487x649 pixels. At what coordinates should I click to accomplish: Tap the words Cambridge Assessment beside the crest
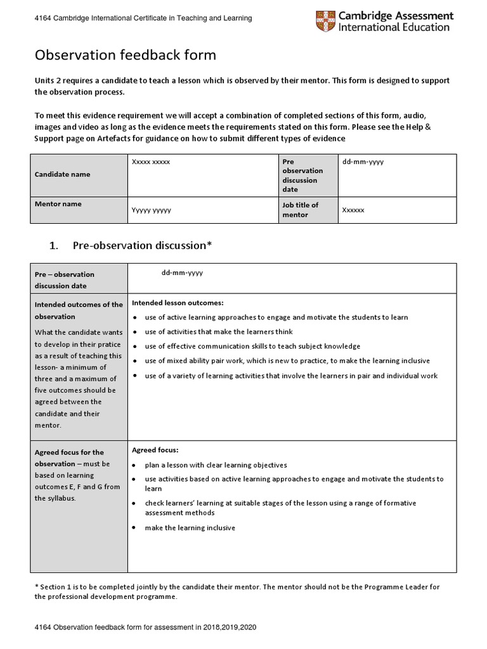396,16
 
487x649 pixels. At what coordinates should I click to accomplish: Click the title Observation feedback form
125,55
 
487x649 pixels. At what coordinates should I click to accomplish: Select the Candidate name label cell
62,174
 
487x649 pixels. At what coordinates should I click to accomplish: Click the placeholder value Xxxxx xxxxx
150,162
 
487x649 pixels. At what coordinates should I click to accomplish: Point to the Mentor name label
58,204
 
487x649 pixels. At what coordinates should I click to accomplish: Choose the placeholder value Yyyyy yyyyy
150,210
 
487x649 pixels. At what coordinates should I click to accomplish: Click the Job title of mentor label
300,210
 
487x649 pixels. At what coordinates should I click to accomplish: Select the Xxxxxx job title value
353,210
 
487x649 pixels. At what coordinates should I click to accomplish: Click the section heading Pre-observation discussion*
141,245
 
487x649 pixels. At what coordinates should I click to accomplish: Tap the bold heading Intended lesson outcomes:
178,302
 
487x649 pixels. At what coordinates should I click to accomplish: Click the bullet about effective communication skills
252,346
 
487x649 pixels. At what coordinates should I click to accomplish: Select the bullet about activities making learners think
219,331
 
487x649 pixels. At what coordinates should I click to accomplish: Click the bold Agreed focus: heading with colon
155,450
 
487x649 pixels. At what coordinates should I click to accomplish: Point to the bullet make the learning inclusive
190,527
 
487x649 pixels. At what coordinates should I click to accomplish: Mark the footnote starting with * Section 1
237,591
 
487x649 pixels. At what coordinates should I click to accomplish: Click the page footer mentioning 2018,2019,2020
146,627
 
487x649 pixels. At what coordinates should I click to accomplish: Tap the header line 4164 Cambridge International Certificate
143,18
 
